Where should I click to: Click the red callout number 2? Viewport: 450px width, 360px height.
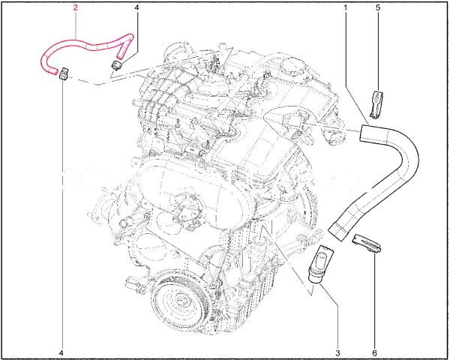[76, 7]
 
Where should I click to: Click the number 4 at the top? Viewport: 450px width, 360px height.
[136, 7]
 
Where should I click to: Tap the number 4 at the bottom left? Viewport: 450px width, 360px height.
[61, 352]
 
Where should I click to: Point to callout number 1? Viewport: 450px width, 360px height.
[346, 7]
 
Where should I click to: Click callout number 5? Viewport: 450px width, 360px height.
[378, 7]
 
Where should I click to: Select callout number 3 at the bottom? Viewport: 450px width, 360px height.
[338, 352]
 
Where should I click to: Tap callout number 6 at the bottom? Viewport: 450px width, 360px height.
[374, 352]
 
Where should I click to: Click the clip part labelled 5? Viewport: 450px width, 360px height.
[376, 104]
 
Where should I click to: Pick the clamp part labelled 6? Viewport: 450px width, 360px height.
[367, 244]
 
